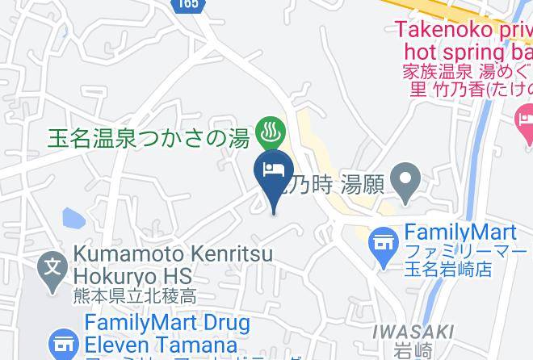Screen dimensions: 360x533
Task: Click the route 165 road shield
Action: (189, 5)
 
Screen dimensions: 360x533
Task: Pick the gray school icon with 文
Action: (52, 264)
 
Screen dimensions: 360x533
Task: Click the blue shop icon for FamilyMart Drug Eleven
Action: (63, 345)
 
